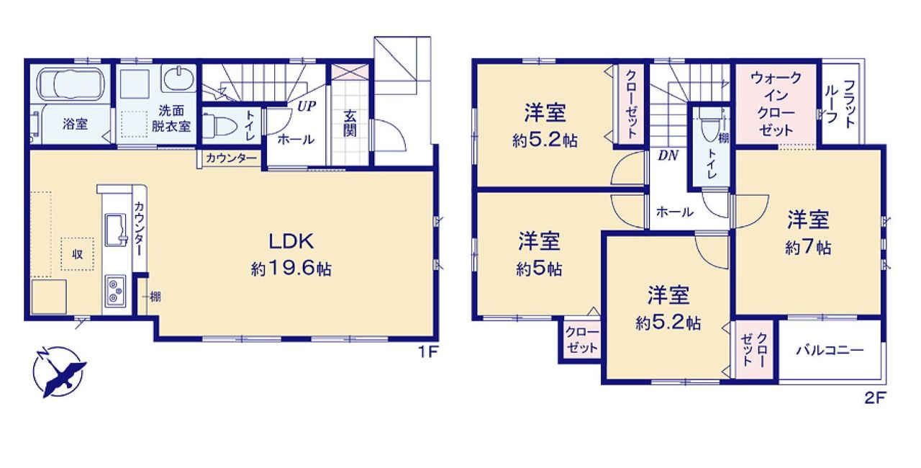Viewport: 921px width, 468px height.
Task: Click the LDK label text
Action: click(x=291, y=241)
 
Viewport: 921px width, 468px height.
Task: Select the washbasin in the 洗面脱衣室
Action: click(x=179, y=78)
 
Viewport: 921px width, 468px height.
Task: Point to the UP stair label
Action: click(x=307, y=107)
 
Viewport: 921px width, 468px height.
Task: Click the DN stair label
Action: click(x=668, y=156)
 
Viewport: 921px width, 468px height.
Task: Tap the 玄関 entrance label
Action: click(x=350, y=123)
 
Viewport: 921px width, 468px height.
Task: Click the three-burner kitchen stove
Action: click(x=116, y=291)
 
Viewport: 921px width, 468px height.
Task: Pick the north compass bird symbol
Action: click(x=60, y=372)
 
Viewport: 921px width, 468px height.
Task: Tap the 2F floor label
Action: click(x=875, y=397)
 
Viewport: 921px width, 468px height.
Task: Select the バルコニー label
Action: click(x=829, y=351)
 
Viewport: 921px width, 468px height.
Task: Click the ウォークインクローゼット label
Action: click(x=776, y=104)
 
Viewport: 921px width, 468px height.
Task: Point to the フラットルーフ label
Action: click(x=840, y=102)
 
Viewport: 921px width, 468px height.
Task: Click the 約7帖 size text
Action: click(x=808, y=247)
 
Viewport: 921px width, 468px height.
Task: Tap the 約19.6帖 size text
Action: click(x=291, y=269)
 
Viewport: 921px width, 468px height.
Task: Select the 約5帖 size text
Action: click(x=539, y=269)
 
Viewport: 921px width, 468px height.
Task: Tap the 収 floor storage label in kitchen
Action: click(x=78, y=254)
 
